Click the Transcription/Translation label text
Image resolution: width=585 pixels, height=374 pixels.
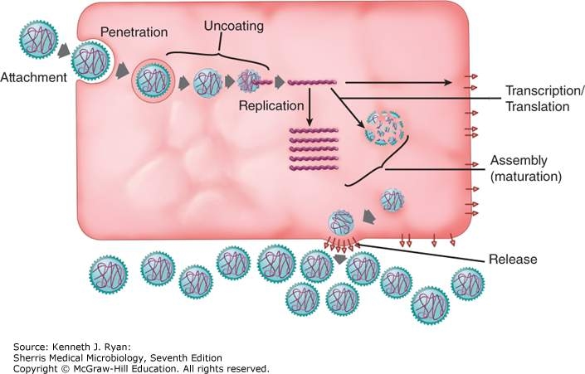pyautogui.click(x=537, y=98)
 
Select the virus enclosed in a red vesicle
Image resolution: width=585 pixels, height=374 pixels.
pyautogui.click(x=152, y=80)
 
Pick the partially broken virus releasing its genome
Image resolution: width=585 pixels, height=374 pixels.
pyautogui.click(x=249, y=81)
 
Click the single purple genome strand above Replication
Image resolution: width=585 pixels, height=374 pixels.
pyautogui.click(x=312, y=82)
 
